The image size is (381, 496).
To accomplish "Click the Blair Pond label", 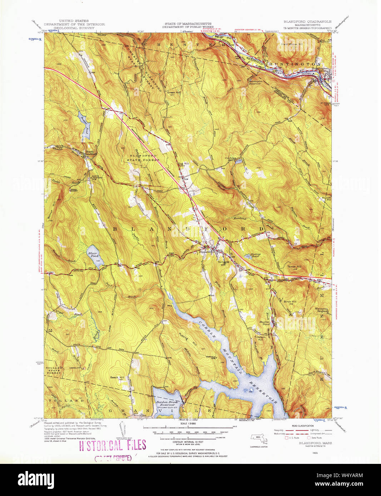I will click(93, 254).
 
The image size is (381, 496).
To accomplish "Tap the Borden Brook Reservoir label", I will click(167, 404).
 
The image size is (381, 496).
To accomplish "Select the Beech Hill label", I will click(117, 378).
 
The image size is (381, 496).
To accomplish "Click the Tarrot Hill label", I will click(295, 267).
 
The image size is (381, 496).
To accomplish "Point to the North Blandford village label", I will click(91, 153).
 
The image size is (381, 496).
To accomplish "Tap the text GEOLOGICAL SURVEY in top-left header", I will click(74, 27).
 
